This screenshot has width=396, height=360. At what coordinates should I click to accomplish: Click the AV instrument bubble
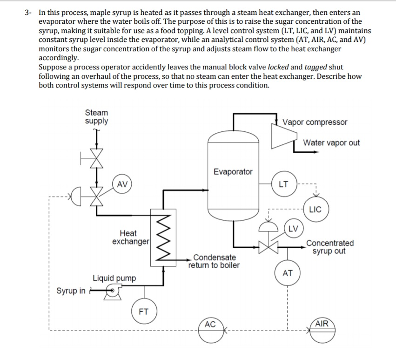click(122, 184)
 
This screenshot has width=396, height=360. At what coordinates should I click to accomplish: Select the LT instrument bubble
click(283, 184)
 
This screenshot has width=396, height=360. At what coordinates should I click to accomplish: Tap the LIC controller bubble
click(315, 209)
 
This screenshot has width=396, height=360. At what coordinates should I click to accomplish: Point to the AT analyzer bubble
click(288, 273)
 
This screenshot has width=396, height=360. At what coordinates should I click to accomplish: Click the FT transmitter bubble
click(144, 312)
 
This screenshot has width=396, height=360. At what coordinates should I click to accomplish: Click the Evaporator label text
click(233, 172)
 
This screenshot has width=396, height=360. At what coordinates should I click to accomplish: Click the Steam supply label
click(96, 117)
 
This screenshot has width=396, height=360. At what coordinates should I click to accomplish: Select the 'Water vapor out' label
click(331, 143)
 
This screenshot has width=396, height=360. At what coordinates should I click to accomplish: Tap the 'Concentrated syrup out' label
click(329, 247)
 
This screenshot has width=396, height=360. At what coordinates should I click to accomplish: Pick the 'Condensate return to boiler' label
click(214, 261)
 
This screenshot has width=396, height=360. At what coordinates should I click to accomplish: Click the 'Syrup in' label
click(71, 291)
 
